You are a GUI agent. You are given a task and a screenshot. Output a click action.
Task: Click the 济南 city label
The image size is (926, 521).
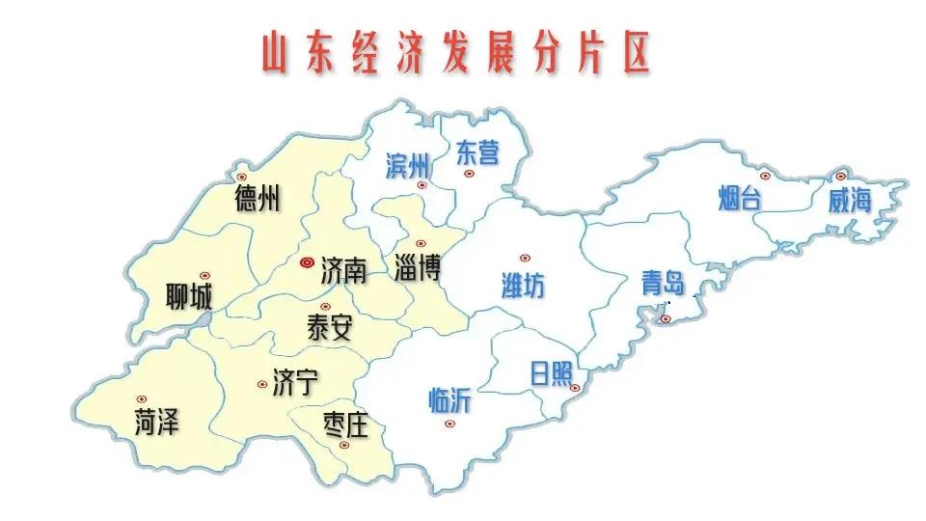click(x=343, y=268)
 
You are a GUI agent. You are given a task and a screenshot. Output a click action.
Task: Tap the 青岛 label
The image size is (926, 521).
click(x=663, y=283)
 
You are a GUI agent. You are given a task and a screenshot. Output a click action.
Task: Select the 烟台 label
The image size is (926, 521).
click(x=740, y=199)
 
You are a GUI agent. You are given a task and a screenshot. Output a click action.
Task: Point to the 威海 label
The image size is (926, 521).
click(x=850, y=200)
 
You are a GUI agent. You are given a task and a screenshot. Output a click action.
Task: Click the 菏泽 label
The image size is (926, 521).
click(x=157, y=421)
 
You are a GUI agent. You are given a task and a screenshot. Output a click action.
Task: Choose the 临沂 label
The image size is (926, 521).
click(x=449, y=399)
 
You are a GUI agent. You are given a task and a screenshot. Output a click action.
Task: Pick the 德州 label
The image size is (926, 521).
click(x=258, y=199)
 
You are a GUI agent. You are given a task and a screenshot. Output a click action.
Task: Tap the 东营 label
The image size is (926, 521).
click(x=477, y=151)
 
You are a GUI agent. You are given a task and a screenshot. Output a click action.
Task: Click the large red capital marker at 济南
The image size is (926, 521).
click(x=307, y=261)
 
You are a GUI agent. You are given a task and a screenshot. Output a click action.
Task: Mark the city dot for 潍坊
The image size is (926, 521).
click(x=525, y=258)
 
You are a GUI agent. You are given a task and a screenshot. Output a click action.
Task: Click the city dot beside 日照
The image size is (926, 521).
click(x=574, y=388)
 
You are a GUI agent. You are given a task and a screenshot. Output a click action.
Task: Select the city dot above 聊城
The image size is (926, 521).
click(x=204, y=276)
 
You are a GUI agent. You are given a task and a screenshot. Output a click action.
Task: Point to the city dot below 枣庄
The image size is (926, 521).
click(x=343, y=445)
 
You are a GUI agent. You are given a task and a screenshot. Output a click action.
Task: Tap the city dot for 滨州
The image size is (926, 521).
click(x=422, y=183)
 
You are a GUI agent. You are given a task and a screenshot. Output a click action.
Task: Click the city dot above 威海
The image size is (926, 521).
click(x=840, y=176)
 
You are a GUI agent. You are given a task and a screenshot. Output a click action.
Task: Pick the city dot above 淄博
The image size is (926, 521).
click(x=420, y=243)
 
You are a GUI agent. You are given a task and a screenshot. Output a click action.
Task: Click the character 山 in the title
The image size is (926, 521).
click(x=277, y=54)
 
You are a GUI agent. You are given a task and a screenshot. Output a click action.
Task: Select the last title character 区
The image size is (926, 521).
click(x=632, y=54)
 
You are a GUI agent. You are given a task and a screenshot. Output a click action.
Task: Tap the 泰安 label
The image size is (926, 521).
click(x=329, y=328)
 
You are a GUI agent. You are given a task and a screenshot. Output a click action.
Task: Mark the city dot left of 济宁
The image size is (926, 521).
click(x=262, y=384)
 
